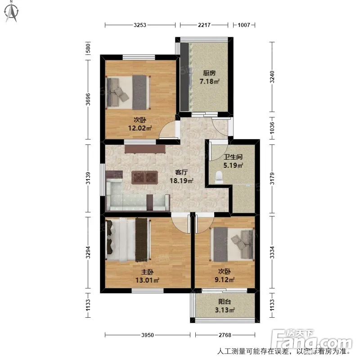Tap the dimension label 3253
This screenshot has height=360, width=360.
point(140,25)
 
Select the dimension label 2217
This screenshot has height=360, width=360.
point(204,25)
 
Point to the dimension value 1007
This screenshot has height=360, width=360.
point(243,25)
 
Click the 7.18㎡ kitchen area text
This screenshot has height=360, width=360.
point(209,81)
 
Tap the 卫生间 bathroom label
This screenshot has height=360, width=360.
point(233,157)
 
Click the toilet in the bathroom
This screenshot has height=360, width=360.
point(219,177)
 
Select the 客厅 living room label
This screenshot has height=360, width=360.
point(181,172)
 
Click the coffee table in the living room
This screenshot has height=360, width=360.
point(144,178)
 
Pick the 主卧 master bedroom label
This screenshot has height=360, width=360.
point(147,272)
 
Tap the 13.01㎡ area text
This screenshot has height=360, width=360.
point(147,280)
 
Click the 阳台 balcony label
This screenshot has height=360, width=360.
point(225,301)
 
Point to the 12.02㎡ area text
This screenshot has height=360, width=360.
point(140,128)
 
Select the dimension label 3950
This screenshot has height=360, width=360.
point(148,335)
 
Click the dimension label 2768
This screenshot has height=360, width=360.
point(225,335)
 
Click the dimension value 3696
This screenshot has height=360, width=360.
point(88,99)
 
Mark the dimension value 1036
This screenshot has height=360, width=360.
point(272,128)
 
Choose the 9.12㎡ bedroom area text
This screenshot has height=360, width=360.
point(225,280)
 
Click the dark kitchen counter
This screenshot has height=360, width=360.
point(184,77)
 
